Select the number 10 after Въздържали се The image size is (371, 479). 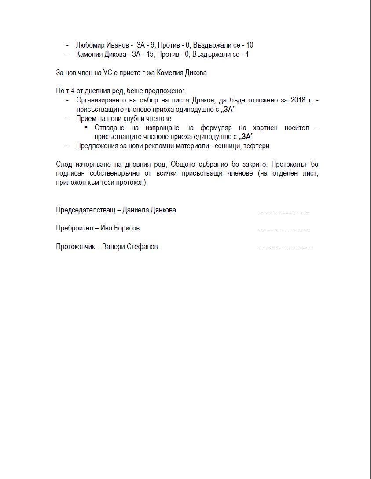point(250,45)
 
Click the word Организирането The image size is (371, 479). point(101,100)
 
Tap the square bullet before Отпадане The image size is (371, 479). point(86,128)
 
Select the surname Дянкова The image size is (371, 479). point(162,210)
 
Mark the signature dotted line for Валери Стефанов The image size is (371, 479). point(285,249)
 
